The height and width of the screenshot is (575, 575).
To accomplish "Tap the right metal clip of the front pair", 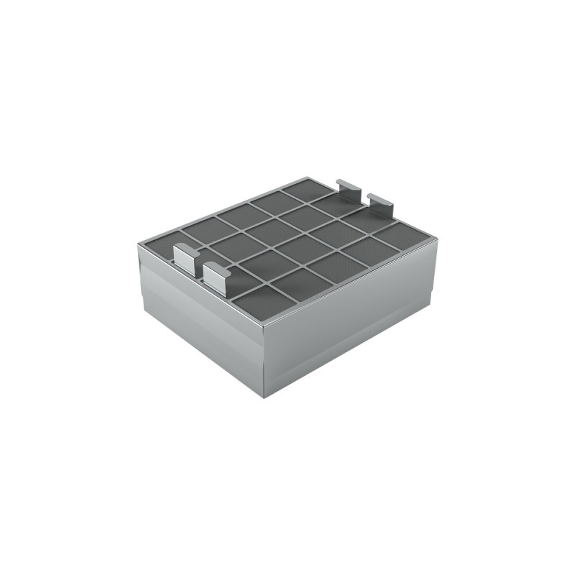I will click(216, 275).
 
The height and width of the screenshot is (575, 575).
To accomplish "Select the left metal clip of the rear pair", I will click(349, 190).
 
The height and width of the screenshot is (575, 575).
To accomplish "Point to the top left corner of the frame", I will click(137, 245).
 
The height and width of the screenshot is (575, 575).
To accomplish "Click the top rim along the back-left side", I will click(223, 211).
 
